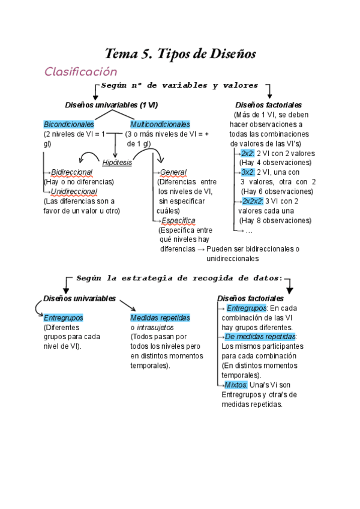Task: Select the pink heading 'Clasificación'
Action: pos(80,71)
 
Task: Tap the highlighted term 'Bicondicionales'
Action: pos(69,124)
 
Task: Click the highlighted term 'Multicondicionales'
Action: pos(160,124)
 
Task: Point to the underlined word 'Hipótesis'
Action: pos(117,163)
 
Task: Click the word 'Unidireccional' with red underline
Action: pos(74,191)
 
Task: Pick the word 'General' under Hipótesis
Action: pos(173,172)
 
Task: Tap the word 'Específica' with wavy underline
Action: pos(178,220)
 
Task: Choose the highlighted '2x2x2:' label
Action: pos(252,201)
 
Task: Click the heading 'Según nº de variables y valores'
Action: pos(180,85)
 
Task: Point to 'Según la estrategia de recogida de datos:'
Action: pos(179,278)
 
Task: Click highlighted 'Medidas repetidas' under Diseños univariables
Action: pos(160,318)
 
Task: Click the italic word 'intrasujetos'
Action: pos(155,327)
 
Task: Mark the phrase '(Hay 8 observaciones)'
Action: pos(275,220)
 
